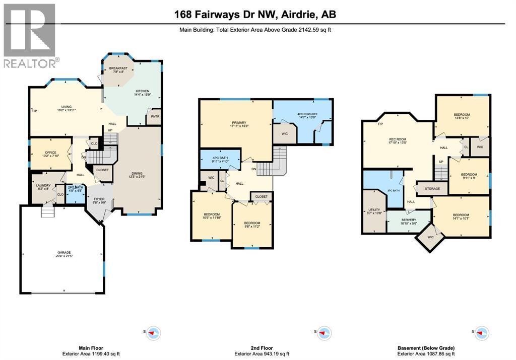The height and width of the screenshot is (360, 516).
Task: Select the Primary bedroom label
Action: pyautogui.click(x=239, y=124)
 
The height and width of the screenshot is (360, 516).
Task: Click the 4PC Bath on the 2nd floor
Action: pyautogui.click(x=220, y=160)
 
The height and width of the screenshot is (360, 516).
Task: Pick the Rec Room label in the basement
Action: pyautogui.click(x=397, y=140)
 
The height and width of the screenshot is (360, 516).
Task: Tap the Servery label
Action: pyautogui.click(x=409, y=221)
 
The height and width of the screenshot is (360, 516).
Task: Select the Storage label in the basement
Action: pyautogui.click(x=432, y=189)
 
